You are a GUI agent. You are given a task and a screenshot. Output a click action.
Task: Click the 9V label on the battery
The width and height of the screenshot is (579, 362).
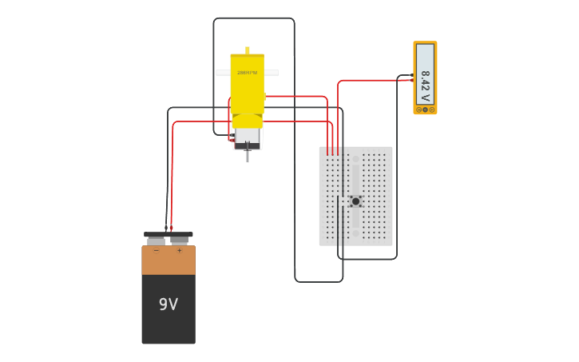[x=168, y=304]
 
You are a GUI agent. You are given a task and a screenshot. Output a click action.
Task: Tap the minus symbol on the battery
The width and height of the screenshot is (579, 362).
[x=157, y=251]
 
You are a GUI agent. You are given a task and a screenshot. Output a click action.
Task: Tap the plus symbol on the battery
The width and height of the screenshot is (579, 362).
[x=179, y=251]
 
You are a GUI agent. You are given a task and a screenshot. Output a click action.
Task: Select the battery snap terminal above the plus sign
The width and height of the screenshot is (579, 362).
[x=180, y=240]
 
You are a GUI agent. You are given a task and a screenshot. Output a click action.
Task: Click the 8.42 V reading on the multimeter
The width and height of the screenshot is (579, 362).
[x=425, y=86]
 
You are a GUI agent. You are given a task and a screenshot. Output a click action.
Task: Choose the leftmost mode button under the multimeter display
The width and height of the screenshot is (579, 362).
[x=418, y=109]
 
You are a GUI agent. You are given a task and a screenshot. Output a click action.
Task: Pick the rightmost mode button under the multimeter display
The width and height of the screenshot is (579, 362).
[x=432, y=109]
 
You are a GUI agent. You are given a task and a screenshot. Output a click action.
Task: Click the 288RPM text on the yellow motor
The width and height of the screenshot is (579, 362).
[x=247, y=73]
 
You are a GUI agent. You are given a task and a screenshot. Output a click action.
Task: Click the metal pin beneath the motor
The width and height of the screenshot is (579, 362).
[x=248, y=155]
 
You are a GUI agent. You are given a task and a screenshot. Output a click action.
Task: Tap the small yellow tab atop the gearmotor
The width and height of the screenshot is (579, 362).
[x=248, y=50]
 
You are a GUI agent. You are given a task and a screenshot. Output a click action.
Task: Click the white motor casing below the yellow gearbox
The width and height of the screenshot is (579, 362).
[x=248, y=136]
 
